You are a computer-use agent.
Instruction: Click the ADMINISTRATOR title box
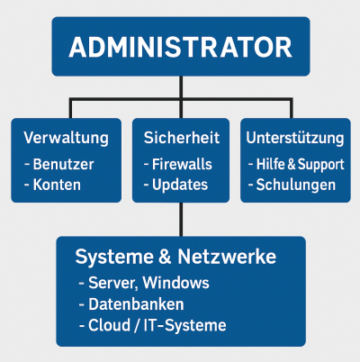tap(180, 47)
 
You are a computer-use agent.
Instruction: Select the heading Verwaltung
tap(66, 139)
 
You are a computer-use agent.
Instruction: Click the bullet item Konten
tap(57, 186)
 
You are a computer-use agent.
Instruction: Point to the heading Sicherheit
tap(181, 139)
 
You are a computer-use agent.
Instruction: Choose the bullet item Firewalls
tap(180, 166)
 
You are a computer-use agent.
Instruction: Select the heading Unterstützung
tap(295, 139)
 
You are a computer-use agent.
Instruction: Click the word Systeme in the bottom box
tap(110, 258)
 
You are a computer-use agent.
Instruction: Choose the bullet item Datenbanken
tap(135, 304)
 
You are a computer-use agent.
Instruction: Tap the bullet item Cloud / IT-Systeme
tap(156, 325)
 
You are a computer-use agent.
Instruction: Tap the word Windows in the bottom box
tap(179, 284)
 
